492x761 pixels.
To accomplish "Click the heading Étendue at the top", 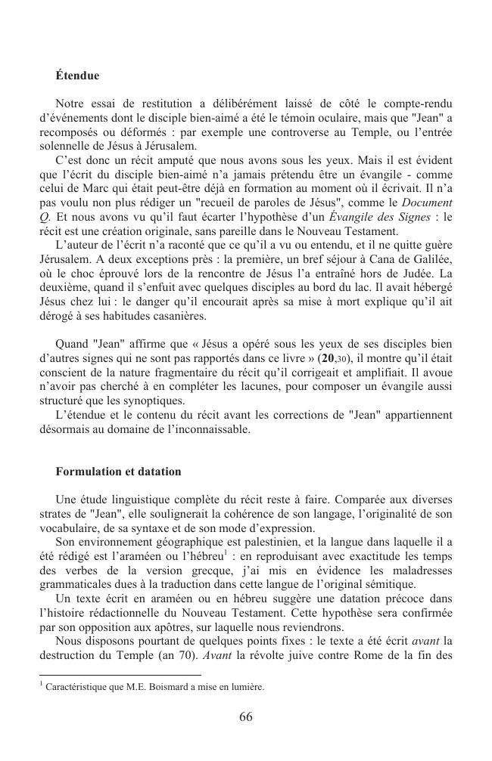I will (x=77, y=76).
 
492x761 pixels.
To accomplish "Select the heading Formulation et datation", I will (x=118, y=472).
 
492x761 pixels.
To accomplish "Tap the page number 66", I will (x=245, y=717).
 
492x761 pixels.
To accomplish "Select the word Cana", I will (x=387, y=259).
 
